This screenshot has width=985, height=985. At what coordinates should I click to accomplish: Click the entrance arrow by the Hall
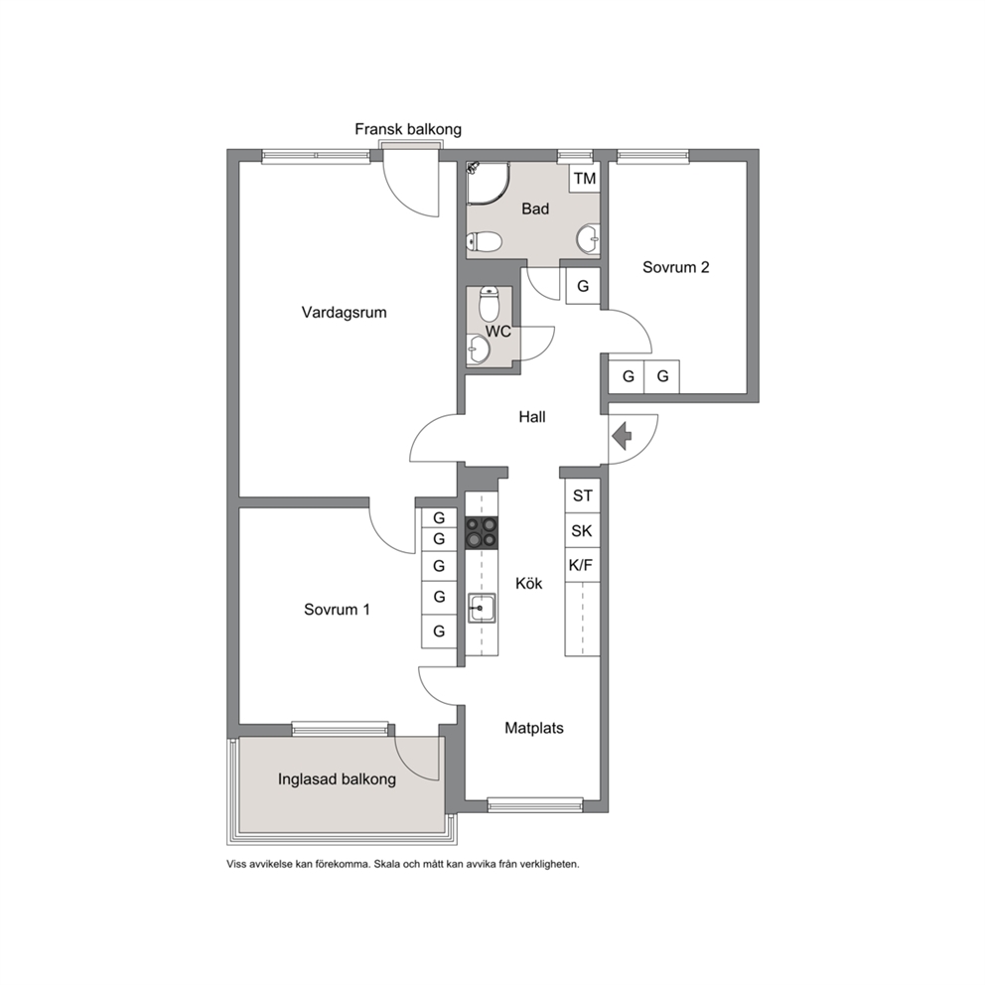[622, 437]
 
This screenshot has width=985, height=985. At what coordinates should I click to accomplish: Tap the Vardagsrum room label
[344, 312]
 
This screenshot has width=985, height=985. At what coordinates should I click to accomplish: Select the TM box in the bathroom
[584, 178]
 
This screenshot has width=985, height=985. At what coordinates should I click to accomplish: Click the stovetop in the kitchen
[482, 532]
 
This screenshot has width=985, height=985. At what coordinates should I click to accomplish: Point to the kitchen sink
[482, 608]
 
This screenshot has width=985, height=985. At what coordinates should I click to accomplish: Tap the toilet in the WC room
[489, 304]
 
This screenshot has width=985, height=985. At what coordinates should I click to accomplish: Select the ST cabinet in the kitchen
[582, 495]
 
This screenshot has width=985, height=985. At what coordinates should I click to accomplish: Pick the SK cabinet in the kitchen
[582, 531]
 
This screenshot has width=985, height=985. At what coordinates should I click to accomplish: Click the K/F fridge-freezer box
[582, 565]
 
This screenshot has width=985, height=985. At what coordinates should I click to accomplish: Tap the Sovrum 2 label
[676, 267]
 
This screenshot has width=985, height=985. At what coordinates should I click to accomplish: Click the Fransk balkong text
[408, 129]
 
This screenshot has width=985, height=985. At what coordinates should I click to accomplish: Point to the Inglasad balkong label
[337, 779]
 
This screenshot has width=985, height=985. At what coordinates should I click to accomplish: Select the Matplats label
[534, 728]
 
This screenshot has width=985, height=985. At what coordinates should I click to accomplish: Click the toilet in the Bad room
[484, 241]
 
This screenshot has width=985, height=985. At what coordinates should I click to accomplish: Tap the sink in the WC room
[479, 350]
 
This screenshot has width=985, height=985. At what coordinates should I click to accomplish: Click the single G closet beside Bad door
[583, 286]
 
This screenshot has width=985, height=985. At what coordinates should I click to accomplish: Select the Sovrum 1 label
[337, 610]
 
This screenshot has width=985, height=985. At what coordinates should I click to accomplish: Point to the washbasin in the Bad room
[589, 238]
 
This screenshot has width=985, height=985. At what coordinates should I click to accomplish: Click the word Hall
[532, 416]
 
